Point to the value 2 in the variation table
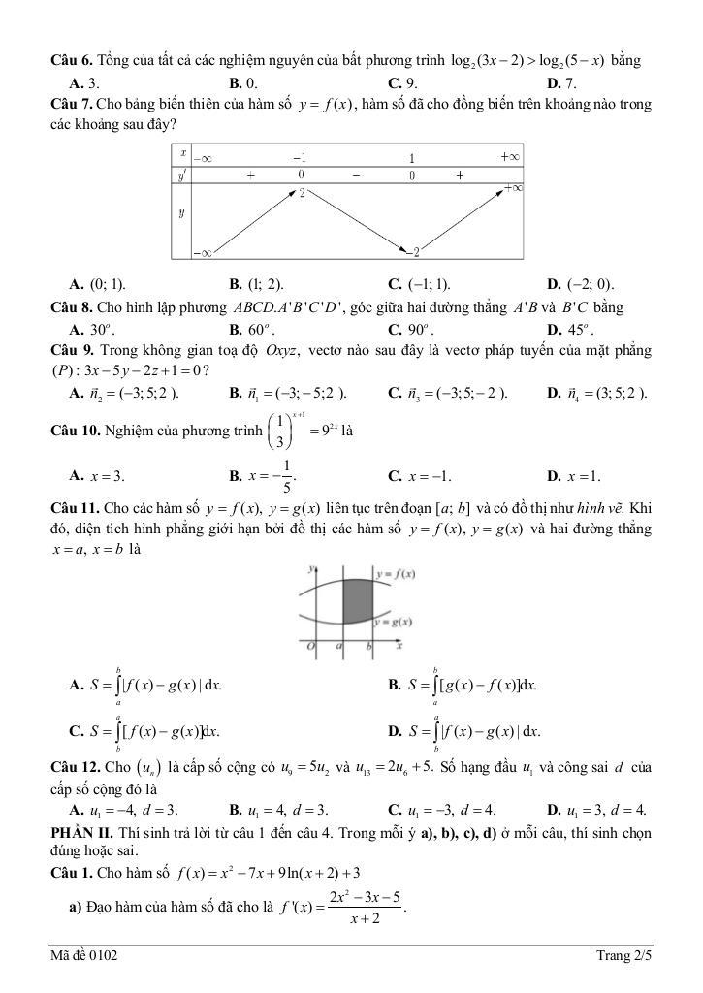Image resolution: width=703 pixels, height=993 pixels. coord(303,193)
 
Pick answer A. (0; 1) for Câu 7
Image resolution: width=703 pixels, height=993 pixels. coord(97,284)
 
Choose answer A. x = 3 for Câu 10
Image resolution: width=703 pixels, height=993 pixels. coord(97,476)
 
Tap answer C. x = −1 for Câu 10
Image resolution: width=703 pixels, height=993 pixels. coord(419,476)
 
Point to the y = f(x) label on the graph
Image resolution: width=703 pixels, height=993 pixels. coord(398,573)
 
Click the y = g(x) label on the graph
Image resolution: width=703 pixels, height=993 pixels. coord(397,623)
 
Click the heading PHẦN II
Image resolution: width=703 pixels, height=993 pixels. coord(80,833)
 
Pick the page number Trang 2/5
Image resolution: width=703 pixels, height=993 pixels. coord(622,958)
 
